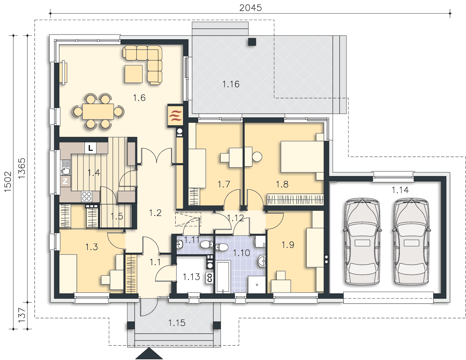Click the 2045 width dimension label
pos(250,8)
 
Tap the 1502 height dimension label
pos(8,182)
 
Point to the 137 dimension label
pos(22,315)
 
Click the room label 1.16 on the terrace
pos(231,84)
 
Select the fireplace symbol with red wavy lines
pos(175,116)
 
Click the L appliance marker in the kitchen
pos(90,148)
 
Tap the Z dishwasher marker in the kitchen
pos(65,181)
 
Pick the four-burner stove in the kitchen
pos(87,196)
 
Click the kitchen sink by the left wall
pos(65,167)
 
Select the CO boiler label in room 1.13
pos(209,278)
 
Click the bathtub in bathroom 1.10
pos(223,277)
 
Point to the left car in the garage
pos(362,242)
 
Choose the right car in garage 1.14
pos(411,242)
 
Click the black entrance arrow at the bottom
pos(149,354)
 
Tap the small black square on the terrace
pos(252,42)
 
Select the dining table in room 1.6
pos(98,112)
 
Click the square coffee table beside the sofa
pos(134,74)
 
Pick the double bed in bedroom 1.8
pos(302,157)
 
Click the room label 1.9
pos(288,245)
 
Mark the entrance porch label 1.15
pos(177,323)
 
